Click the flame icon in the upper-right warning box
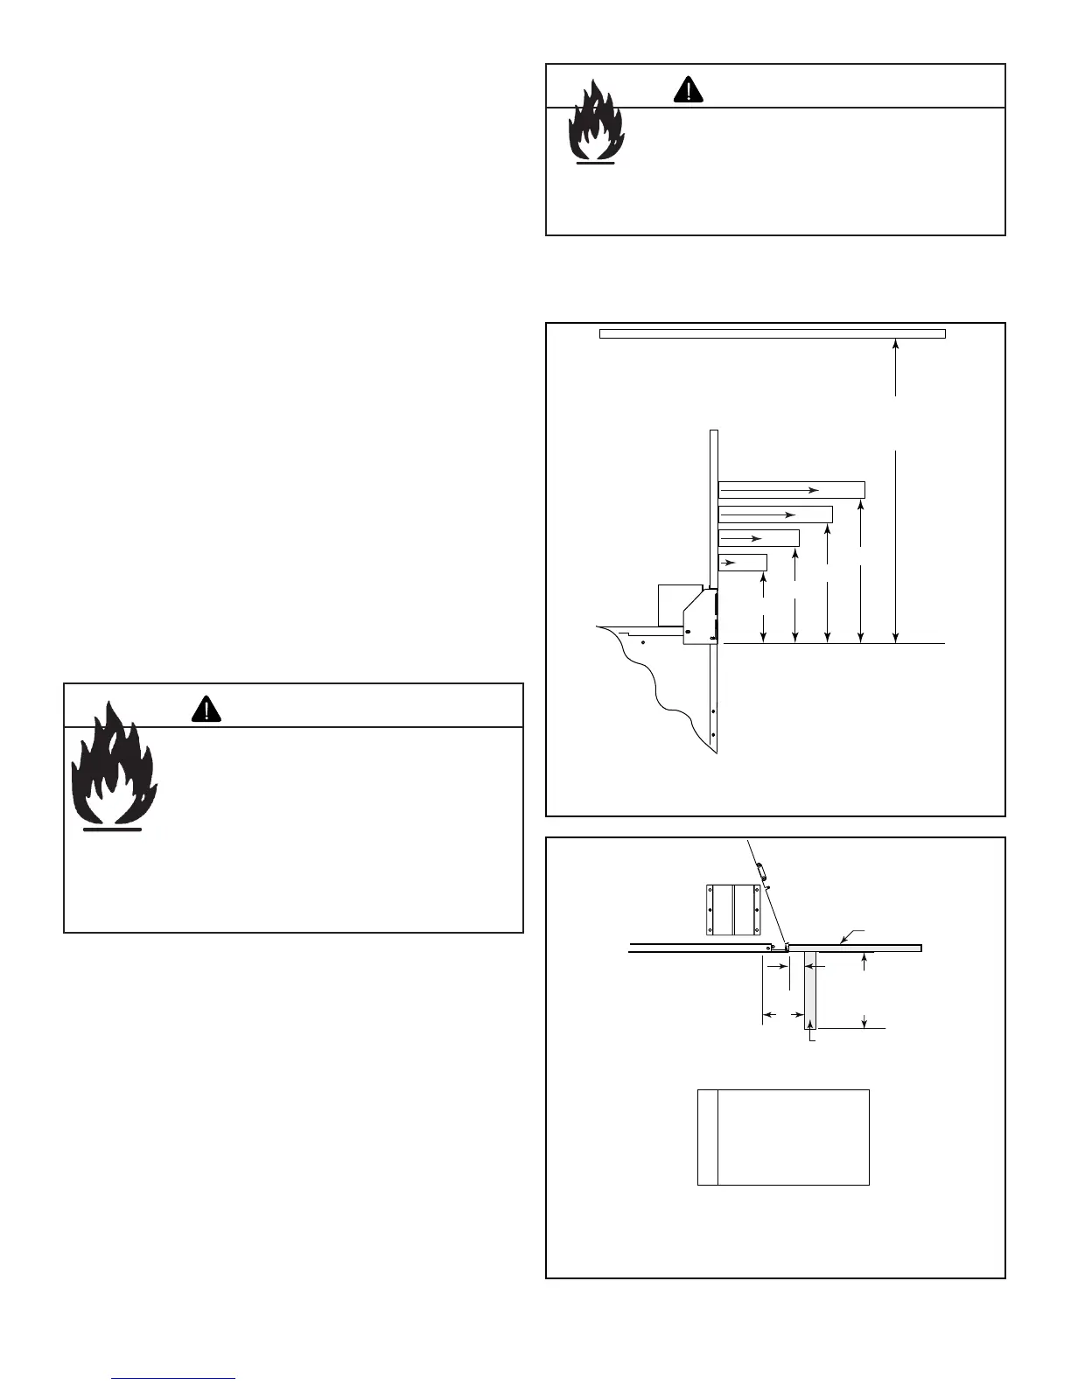[x=596, y=122]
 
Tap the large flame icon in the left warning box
[x=113, y=766]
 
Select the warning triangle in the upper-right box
[x=689, y=89]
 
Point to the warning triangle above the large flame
[x=206, y=709]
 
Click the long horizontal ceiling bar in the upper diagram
[x=772, y=333]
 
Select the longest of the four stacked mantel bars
[x=791, y=490]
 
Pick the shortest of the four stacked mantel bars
[x=742, y=563]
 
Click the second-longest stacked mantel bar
[x=774, y=514]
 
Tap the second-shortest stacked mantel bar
[x=758, y=538]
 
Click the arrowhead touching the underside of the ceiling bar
[x=895, y=344]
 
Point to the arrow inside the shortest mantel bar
[x=727, y=563]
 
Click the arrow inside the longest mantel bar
[x=770, y=490]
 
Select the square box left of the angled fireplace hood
[x=680, y=605]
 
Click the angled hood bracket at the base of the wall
[x=700, y=617]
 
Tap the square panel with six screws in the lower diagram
[x=733, y=909]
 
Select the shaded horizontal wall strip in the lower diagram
[x=853, y=948]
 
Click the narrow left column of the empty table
[x=708, y=1137]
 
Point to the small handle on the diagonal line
[x=759, y=871]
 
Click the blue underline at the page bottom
[x=174, y=1378]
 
